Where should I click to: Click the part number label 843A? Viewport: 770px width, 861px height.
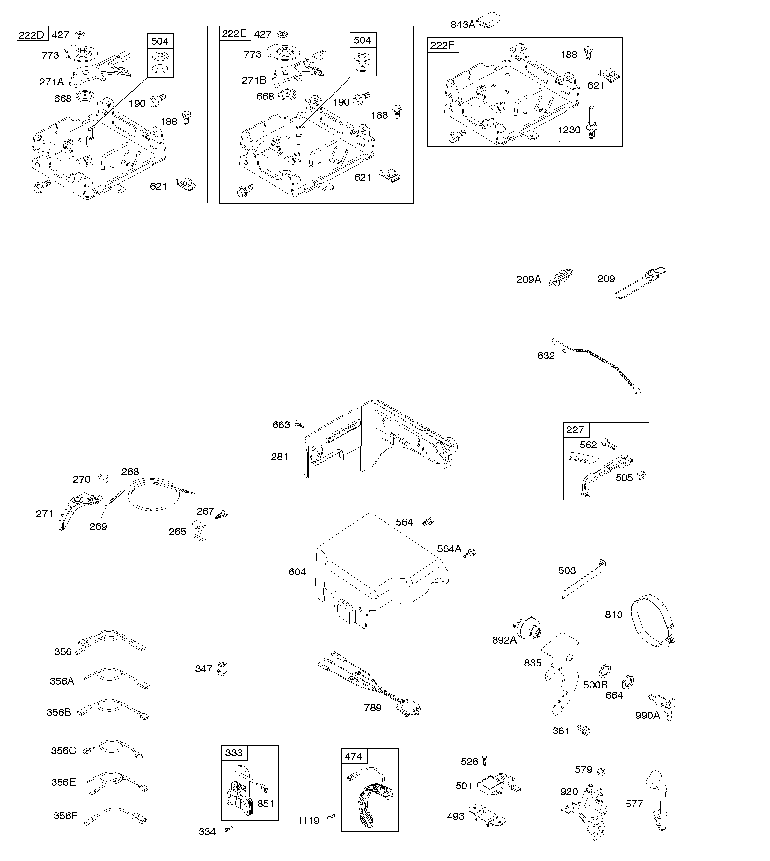point(462,25)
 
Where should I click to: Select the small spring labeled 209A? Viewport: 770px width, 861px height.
point(561,278)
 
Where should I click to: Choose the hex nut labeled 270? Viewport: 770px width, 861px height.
point(103,479)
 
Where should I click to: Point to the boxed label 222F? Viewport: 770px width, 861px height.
point(443,45)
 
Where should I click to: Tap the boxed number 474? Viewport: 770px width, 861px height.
point(354,756)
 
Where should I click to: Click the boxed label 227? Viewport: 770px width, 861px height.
point(575,430)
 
